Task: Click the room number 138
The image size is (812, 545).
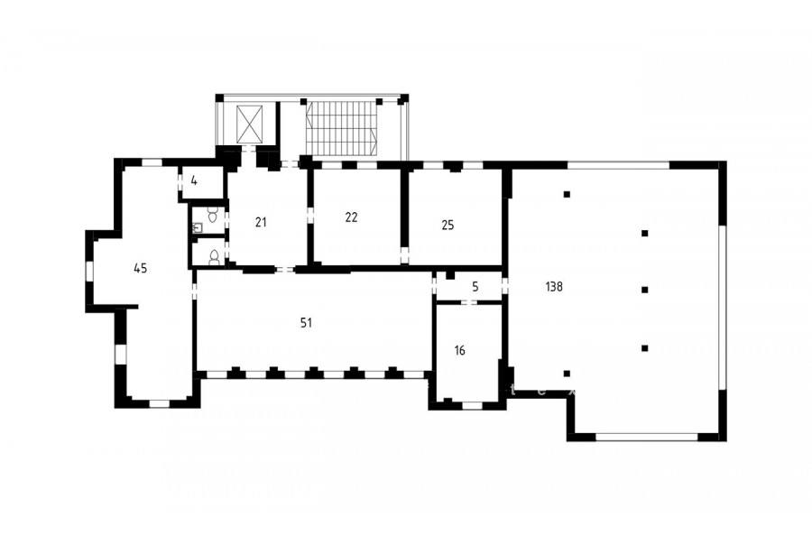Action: (554, 287)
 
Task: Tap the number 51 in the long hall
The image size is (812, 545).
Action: (306, 323)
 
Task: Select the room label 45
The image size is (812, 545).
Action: (141, 268)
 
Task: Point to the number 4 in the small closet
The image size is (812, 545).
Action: (194, 180)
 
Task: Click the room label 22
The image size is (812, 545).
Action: (351, 217)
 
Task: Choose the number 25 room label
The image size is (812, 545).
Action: (448, 225)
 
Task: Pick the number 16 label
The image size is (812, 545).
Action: (460, 351)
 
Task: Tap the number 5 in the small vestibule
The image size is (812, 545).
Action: (475, 287)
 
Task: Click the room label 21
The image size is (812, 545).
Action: (261, 222)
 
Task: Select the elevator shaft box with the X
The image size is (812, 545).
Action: (250, 125)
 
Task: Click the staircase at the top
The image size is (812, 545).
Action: (341, 128)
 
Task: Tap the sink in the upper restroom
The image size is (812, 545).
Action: (198, 228)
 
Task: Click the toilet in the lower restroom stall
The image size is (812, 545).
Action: (214, 257)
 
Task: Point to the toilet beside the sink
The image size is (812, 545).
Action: (212, 214)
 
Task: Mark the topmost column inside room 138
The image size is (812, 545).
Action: (567, 195)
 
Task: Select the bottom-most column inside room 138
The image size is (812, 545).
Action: (567, 374)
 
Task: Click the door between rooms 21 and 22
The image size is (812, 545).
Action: (310, 216)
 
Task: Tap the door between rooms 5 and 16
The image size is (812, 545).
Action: (470, 302)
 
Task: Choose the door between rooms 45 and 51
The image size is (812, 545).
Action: (195, 291)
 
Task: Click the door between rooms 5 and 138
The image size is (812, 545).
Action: (505, 287)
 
